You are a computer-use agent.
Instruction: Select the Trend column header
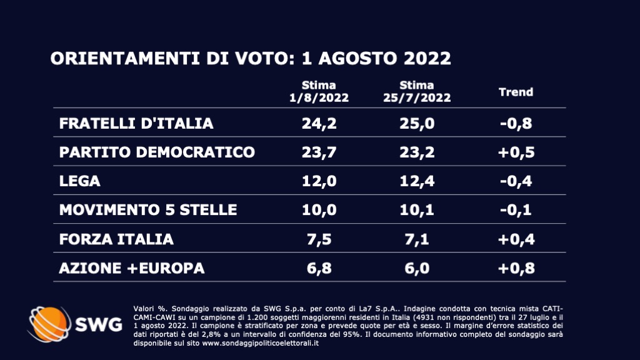tap(516, 92)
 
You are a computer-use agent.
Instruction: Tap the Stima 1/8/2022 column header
tap(319, 91)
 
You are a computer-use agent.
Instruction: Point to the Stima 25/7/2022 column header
tap(416, 91)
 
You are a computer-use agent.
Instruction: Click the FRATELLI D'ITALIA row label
tap(136, 123)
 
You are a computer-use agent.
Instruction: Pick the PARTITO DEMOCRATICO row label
tap(157, 152)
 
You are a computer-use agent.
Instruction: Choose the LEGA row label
tap(79, 181)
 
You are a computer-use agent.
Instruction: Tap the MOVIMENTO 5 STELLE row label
tap(148, 209)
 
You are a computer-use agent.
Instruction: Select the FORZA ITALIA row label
tap(116, 238)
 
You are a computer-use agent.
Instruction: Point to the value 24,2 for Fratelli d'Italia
tap(319, 123)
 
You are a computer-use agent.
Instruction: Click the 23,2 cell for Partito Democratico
tap(416, 152)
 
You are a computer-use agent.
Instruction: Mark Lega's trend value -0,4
tap(516, 181)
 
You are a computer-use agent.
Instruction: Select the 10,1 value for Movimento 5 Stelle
tap(416, 209)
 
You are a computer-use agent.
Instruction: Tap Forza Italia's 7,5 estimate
tap(319, 238)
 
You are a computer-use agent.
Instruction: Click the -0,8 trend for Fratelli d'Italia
tap(516, 123)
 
